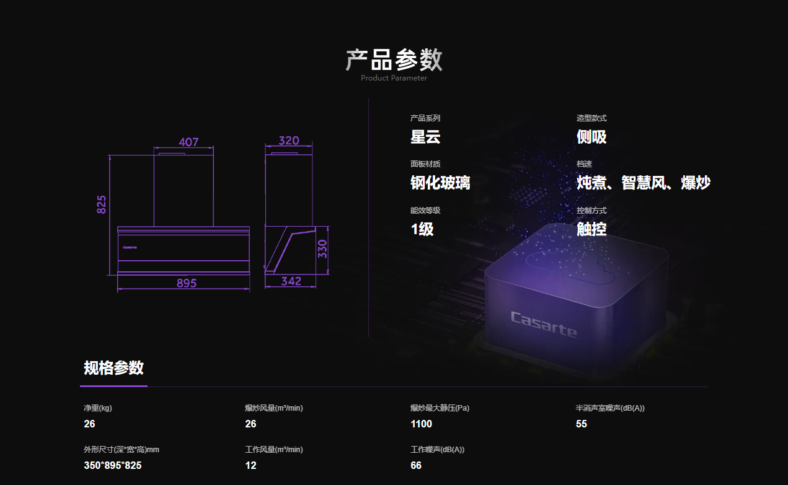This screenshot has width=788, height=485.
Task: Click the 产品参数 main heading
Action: click(394, 59)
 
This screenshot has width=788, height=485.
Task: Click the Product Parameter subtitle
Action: click(394, 78)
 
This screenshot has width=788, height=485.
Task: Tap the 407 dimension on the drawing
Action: click(188, 142)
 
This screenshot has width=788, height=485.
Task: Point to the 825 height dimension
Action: click(102, 204)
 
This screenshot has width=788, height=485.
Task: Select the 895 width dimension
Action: click(186, 283)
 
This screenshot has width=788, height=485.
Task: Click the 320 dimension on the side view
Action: click(289, 141)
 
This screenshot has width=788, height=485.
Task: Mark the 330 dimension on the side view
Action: click(322, 249)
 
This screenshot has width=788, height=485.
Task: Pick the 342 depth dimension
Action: click(291, 281)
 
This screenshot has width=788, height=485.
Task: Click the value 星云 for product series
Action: click(425, 137)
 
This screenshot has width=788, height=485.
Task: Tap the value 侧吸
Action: click(591, 137)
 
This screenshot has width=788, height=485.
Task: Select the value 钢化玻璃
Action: click(440, 183)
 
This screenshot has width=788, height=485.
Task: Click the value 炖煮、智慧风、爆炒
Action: click(644, 183)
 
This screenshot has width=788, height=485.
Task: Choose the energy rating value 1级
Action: click(422, 229)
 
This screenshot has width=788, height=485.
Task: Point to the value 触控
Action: click(591, 229)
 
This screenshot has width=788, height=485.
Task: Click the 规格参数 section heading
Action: click(113, 368)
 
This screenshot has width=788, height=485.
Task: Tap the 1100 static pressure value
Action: click(421, 424)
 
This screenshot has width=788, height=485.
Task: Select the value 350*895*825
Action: click(112, 465)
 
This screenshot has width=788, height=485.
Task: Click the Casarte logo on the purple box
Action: click(543, 325)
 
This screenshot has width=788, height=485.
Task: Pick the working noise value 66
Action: click(416, 465)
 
